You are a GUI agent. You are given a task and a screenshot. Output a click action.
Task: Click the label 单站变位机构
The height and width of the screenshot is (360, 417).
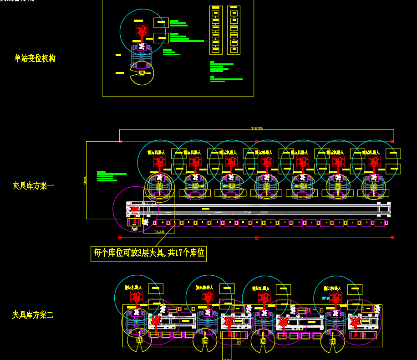click(x=35, y=58)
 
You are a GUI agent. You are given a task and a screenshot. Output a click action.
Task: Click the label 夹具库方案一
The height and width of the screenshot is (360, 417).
click(x=33, y=186)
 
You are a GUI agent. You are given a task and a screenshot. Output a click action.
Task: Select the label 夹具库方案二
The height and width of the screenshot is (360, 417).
click(x=33, y=315)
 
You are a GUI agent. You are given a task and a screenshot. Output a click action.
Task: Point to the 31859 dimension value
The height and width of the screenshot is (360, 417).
click(x=256, y=129)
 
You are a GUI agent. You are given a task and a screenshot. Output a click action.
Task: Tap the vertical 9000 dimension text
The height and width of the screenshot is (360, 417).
click(x=85, y=180)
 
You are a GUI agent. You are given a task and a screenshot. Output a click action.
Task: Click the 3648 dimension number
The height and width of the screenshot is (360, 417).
click(x=159, y=232)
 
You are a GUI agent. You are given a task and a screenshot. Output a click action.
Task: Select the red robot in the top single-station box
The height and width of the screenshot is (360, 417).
click(x=142, y=31)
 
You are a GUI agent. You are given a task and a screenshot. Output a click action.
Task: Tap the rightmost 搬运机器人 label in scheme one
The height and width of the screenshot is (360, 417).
click(x=371, y=153)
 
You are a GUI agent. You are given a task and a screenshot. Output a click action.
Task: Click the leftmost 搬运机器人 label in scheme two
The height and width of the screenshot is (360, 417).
click(x=133, y=288)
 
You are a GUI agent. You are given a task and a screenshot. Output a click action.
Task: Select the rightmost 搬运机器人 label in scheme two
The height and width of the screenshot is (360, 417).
click(x=332, y=288)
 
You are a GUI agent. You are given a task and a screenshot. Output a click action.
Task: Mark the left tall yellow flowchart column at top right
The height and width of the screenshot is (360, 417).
click(x=216, y=30)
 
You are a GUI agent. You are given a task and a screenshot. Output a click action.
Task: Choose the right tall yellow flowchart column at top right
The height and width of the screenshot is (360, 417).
click(x=234, y=30)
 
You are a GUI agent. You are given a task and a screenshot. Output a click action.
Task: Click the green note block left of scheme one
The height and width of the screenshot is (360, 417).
click(x=109, y=176)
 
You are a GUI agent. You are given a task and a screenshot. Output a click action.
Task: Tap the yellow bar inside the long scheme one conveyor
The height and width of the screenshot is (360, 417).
click(x=206, y=209)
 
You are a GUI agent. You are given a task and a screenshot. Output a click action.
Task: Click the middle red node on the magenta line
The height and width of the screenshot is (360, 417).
click(x=257, y=237)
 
